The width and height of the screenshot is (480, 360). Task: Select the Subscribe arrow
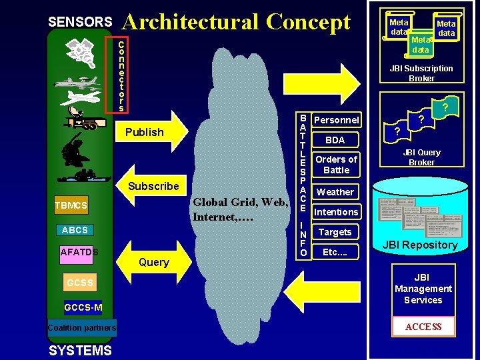153,186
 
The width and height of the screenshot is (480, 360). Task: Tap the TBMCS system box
71,205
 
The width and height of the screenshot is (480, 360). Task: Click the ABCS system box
75,230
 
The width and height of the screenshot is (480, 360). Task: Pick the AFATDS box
79,252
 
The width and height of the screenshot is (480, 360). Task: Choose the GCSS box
79,283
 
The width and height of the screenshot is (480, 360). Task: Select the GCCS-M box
83,307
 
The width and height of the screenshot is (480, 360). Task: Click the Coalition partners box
82,327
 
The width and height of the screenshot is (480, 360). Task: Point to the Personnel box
336,120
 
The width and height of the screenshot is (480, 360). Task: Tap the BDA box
335,140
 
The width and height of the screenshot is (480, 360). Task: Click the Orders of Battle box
336,164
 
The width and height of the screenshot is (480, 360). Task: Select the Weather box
335,192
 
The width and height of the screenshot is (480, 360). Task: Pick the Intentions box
336,212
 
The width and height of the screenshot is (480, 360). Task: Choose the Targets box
335,232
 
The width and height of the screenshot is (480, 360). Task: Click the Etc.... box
335,252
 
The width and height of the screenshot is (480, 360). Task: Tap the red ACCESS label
423,327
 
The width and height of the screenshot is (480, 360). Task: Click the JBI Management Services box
423,289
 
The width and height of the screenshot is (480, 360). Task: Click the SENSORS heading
80,22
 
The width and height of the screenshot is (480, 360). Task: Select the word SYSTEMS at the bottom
80,351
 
